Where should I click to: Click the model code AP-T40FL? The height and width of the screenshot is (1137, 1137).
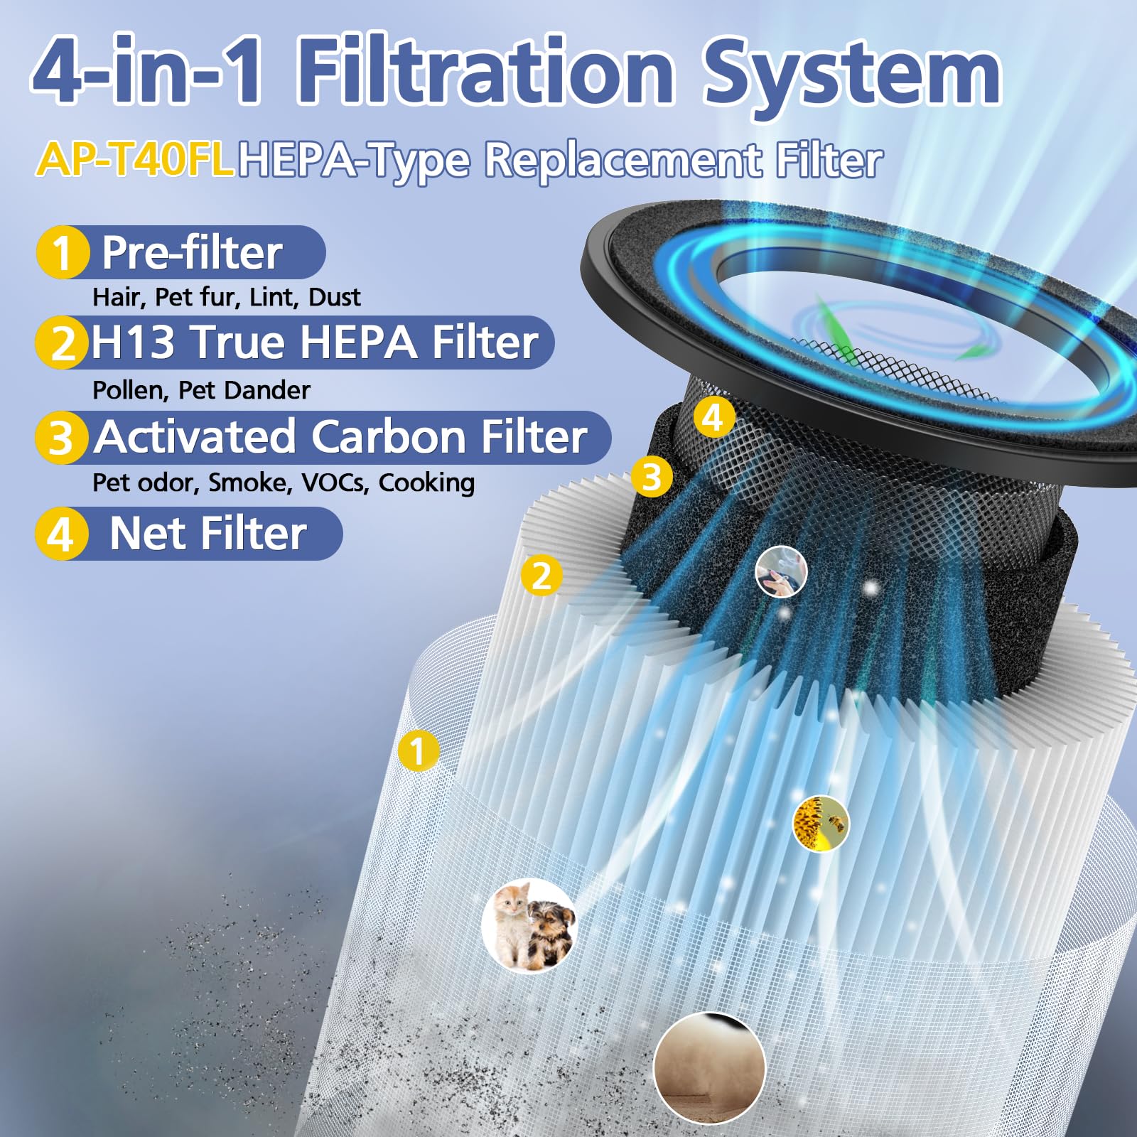coord(135,158)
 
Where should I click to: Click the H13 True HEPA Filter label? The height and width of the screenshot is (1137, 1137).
coord(314,343)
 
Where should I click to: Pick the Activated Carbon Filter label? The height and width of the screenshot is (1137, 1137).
coord(341,436)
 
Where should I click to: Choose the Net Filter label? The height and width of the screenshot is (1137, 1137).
coord(208,534)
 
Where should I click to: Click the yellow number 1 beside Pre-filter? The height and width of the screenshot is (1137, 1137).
coord(63,253)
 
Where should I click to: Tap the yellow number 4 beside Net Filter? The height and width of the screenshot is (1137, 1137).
coord(61,534)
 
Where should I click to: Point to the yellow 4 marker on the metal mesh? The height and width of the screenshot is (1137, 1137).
coord(713,417)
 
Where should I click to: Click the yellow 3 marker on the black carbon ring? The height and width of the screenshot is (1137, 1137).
coord(652,477)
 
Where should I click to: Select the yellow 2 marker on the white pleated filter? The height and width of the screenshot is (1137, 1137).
coord(541,575)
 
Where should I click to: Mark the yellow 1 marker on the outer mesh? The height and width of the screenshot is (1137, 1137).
coord(418,751)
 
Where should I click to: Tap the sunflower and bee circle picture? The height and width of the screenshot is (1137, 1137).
coord(820,824)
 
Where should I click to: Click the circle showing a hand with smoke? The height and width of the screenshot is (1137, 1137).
coord(781,571)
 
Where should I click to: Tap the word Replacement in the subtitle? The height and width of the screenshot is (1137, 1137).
coord(623,160)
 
